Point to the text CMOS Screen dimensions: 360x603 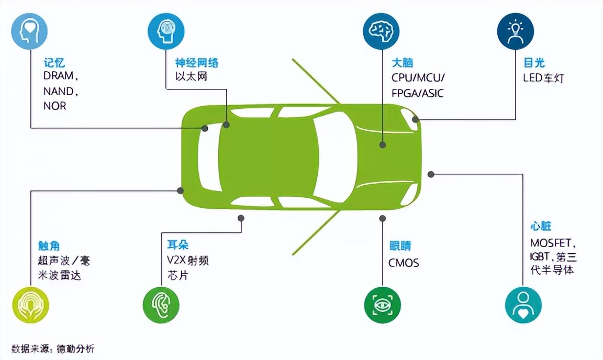(404, 263)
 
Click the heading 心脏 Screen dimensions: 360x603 (541, 227)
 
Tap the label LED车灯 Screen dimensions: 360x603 (544, 78)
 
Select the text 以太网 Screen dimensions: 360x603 (191, 77)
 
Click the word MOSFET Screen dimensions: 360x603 (552, 243)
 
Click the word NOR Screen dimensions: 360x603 (54, 106)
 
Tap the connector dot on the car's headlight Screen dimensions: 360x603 (415, 119)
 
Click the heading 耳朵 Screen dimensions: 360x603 (177, 245)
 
